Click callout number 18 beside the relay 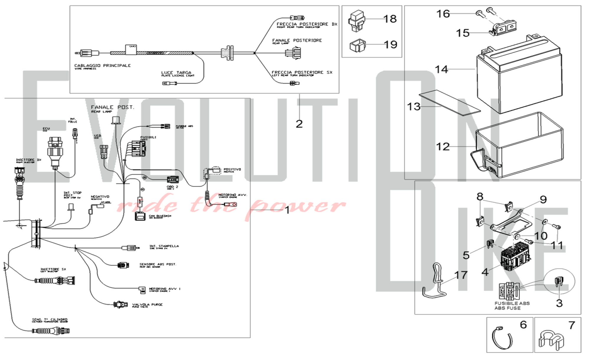tap(390, 19)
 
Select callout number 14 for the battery tap(441, 69)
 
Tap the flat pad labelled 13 tap(450, 102)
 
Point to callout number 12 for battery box tap(442, 147)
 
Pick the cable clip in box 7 tap(551, 339)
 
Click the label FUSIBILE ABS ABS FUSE tap(512, 305)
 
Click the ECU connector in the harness tap(55, 150)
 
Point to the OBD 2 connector tap(172, 180)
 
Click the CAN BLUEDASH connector tap(140, 216)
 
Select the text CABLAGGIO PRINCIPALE tap(102, 66)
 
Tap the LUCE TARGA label tap(176, 73)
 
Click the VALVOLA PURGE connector tap(121, 305)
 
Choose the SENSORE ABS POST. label tap(158, 264)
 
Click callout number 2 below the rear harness tap(299, 124)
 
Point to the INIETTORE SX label tap(53, 269)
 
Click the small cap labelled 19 tap(357, 46)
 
